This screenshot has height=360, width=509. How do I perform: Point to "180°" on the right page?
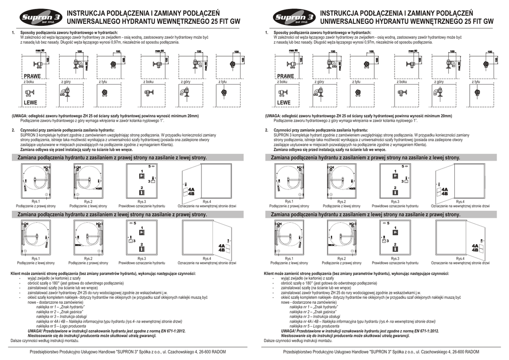[306, 283]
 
